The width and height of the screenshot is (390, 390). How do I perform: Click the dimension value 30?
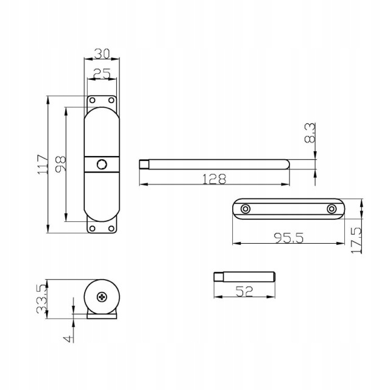pos(102,54)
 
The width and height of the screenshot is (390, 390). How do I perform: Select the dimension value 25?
pos(102,74)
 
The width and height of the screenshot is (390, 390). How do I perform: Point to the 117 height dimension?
pos(43,164)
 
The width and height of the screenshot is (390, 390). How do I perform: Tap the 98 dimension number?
pos(60,163)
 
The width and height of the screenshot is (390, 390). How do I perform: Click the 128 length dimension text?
pos(214,179)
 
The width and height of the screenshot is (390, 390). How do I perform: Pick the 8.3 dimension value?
pos(310,133)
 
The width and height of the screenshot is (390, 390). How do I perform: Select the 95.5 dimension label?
pos(289,238)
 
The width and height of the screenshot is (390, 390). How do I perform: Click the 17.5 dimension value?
pos(356,240)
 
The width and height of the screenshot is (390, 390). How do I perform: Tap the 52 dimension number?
pos(244,291)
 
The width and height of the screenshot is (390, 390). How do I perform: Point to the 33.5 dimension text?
pos(42,299)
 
